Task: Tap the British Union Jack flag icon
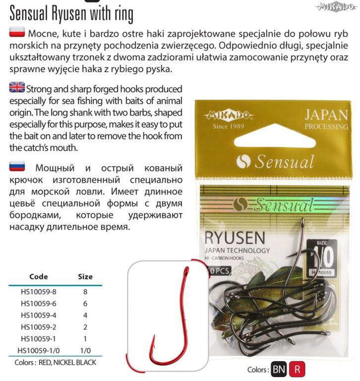tap(17, 88)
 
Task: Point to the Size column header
tap(85, 276)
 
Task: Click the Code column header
tap(39, 276)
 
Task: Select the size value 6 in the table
tap(85, 304)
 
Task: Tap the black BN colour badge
tap(278, 370)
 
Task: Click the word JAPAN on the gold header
tap(326, 115)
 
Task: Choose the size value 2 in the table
tap(85, 327)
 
